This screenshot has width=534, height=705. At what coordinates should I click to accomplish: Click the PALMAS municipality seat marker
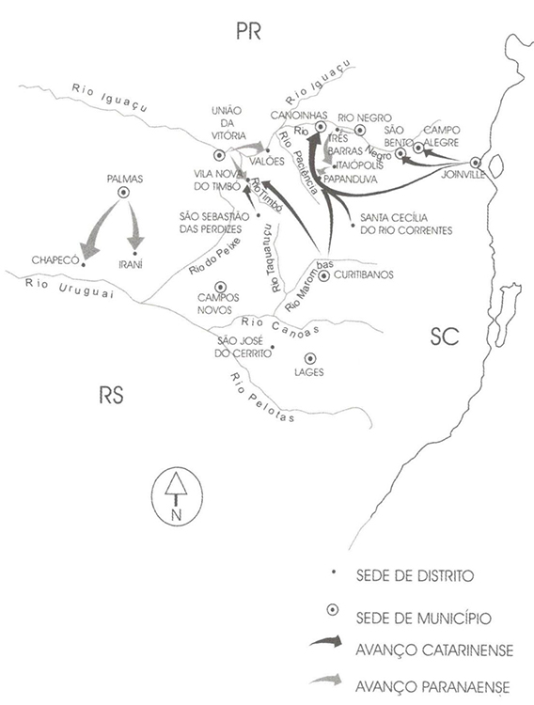coord(123,193)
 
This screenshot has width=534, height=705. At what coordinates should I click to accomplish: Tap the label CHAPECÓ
coord(55,260)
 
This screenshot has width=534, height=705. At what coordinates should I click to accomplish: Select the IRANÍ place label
coord(131,264)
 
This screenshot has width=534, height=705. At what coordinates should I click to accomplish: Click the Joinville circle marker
coord(476,163)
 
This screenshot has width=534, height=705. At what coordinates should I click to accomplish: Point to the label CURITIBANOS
coord(364,274)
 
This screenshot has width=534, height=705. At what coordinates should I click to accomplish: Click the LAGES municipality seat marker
coord(310,358)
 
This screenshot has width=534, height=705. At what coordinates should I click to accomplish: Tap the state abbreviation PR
coord(249,31)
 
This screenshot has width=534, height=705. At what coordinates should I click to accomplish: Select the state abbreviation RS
coord(111,395)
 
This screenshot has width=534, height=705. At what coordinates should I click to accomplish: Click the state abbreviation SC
coord(445,337)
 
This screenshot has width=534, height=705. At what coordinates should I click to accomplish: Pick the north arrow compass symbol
coord(176,496)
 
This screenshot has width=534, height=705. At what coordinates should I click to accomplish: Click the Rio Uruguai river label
coord(69,288)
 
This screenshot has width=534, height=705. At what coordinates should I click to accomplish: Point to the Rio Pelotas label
coord(262,398)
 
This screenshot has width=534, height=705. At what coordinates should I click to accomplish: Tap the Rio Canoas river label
coord(280,325)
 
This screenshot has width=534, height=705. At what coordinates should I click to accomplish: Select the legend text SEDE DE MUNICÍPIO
coord(423,618)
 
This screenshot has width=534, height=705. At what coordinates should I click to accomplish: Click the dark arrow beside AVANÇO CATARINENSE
coord(325,642)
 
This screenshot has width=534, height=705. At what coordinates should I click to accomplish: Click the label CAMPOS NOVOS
coord(219,304)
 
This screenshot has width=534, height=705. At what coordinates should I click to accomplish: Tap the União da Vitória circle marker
coord(219,155)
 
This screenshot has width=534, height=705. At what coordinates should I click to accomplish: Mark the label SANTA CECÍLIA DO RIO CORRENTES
coord(406,224)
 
